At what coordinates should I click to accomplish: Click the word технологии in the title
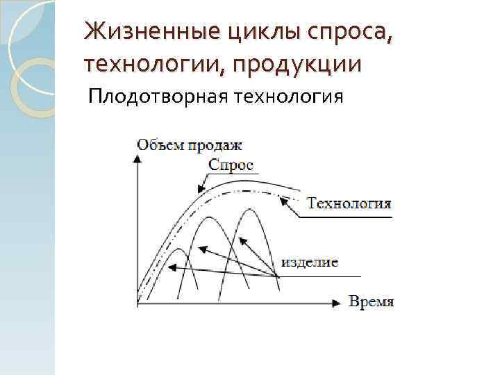click(x=153, y=65)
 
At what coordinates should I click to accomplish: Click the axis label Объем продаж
click(x=190, y=144)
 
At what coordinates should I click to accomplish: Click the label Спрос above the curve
click(x=231, y=165)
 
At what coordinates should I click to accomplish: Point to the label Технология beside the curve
click(x=349, y=203)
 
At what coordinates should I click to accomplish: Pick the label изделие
click(x=310, y=262)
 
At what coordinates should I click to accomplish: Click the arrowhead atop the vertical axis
click(x=138, y=157)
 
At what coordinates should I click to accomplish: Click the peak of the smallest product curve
click(x=178, y=249)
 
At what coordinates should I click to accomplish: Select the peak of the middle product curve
click(x=209, y=217)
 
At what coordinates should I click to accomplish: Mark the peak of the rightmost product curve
click(x=247, y=208)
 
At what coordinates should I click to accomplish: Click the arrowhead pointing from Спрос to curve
click(x=200, y=188)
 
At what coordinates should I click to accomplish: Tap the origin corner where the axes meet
click(x=138, y=303)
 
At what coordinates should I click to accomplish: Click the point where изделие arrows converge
click(x=278, y=276)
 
